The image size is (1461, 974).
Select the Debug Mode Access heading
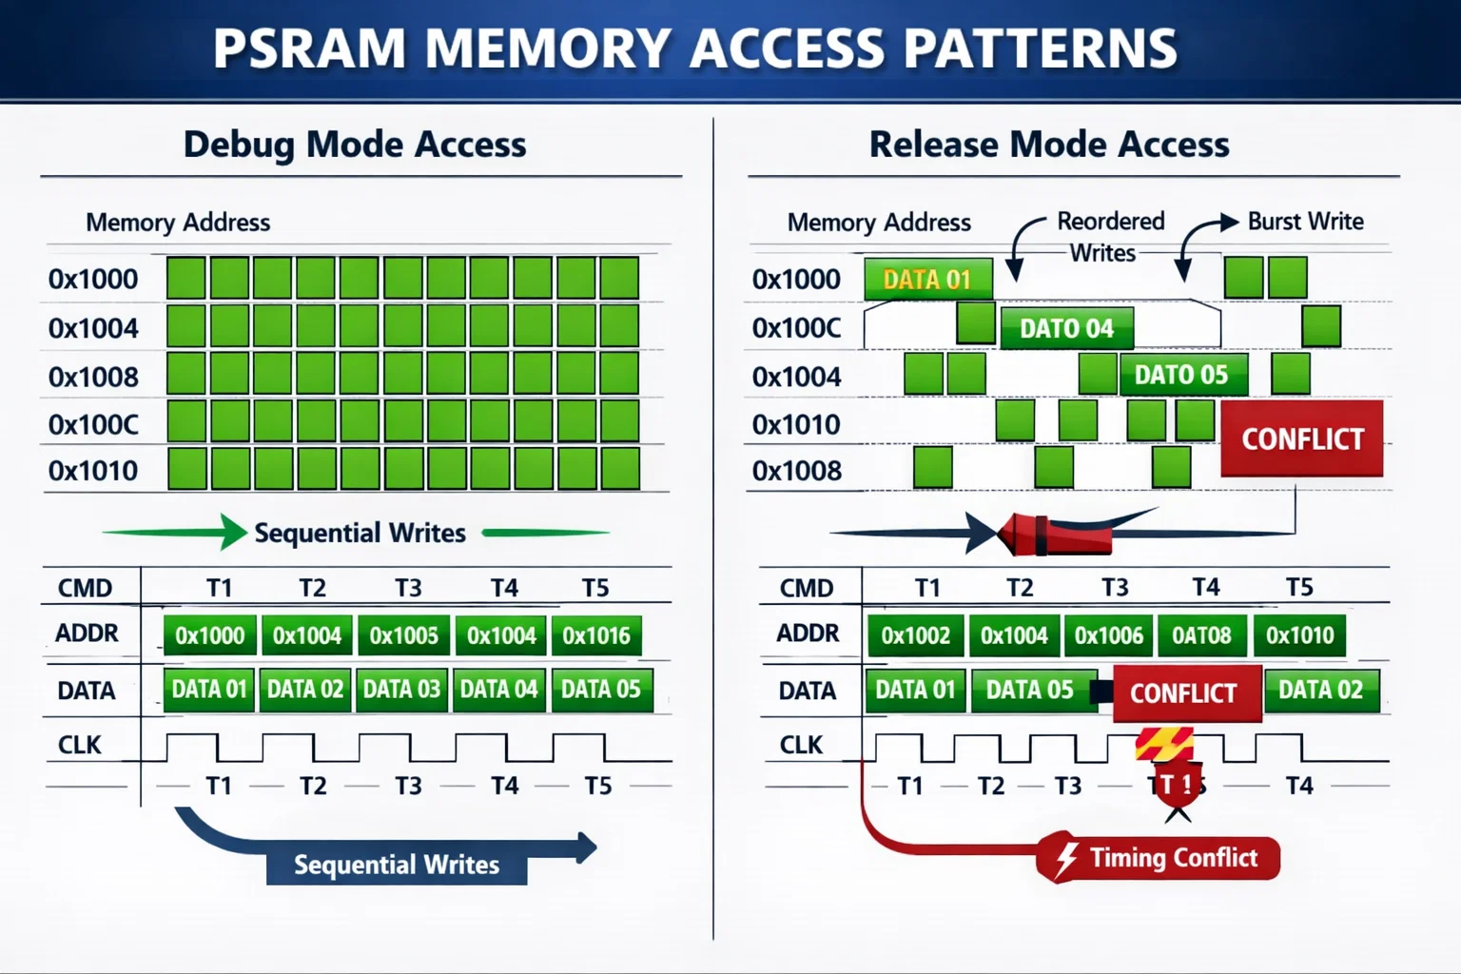click(355, 145)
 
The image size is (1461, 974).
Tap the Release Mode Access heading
click(1049, 145)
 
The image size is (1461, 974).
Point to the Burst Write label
click(1305, 222)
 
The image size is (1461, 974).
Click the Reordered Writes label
click(1109, 237)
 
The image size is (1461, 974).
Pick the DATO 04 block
click(1066, 328)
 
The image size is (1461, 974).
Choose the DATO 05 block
click(1181, 375)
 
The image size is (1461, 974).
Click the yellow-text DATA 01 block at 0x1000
click(927, 280)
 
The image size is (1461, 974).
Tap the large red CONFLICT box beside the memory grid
click(1302, 438)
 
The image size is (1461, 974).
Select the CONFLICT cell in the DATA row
click(1184, 693)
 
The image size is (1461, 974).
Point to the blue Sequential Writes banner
click(397, 865)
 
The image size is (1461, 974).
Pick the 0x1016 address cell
click(596, 635)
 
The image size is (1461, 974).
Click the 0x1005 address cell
click(404, 635)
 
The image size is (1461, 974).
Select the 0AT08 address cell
click(1201, 635)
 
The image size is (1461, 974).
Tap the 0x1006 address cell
click(1108, 635)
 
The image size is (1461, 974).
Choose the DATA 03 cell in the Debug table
click(402, 690)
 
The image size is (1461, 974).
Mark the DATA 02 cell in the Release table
click(1320, 690)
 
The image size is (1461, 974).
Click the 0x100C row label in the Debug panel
click(93, 424)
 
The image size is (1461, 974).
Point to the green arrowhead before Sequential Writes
click(233, 532)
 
